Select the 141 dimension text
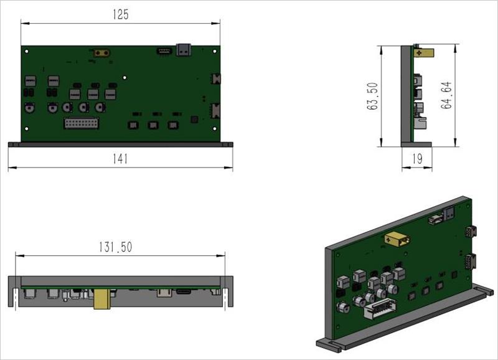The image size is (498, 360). [x=121, y=159]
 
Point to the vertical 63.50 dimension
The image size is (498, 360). [x=373, y=95]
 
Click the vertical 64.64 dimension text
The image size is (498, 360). [x=446, y=95]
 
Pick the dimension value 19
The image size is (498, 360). [x=416, y=159]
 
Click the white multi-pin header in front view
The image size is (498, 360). [x=81, y=123]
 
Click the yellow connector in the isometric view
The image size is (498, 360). [x=397, y=239]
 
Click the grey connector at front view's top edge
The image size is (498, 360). [x=184, y=49]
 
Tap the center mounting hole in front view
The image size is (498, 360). [x=125, y=78]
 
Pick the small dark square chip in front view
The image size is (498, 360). [x=194, y=119]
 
